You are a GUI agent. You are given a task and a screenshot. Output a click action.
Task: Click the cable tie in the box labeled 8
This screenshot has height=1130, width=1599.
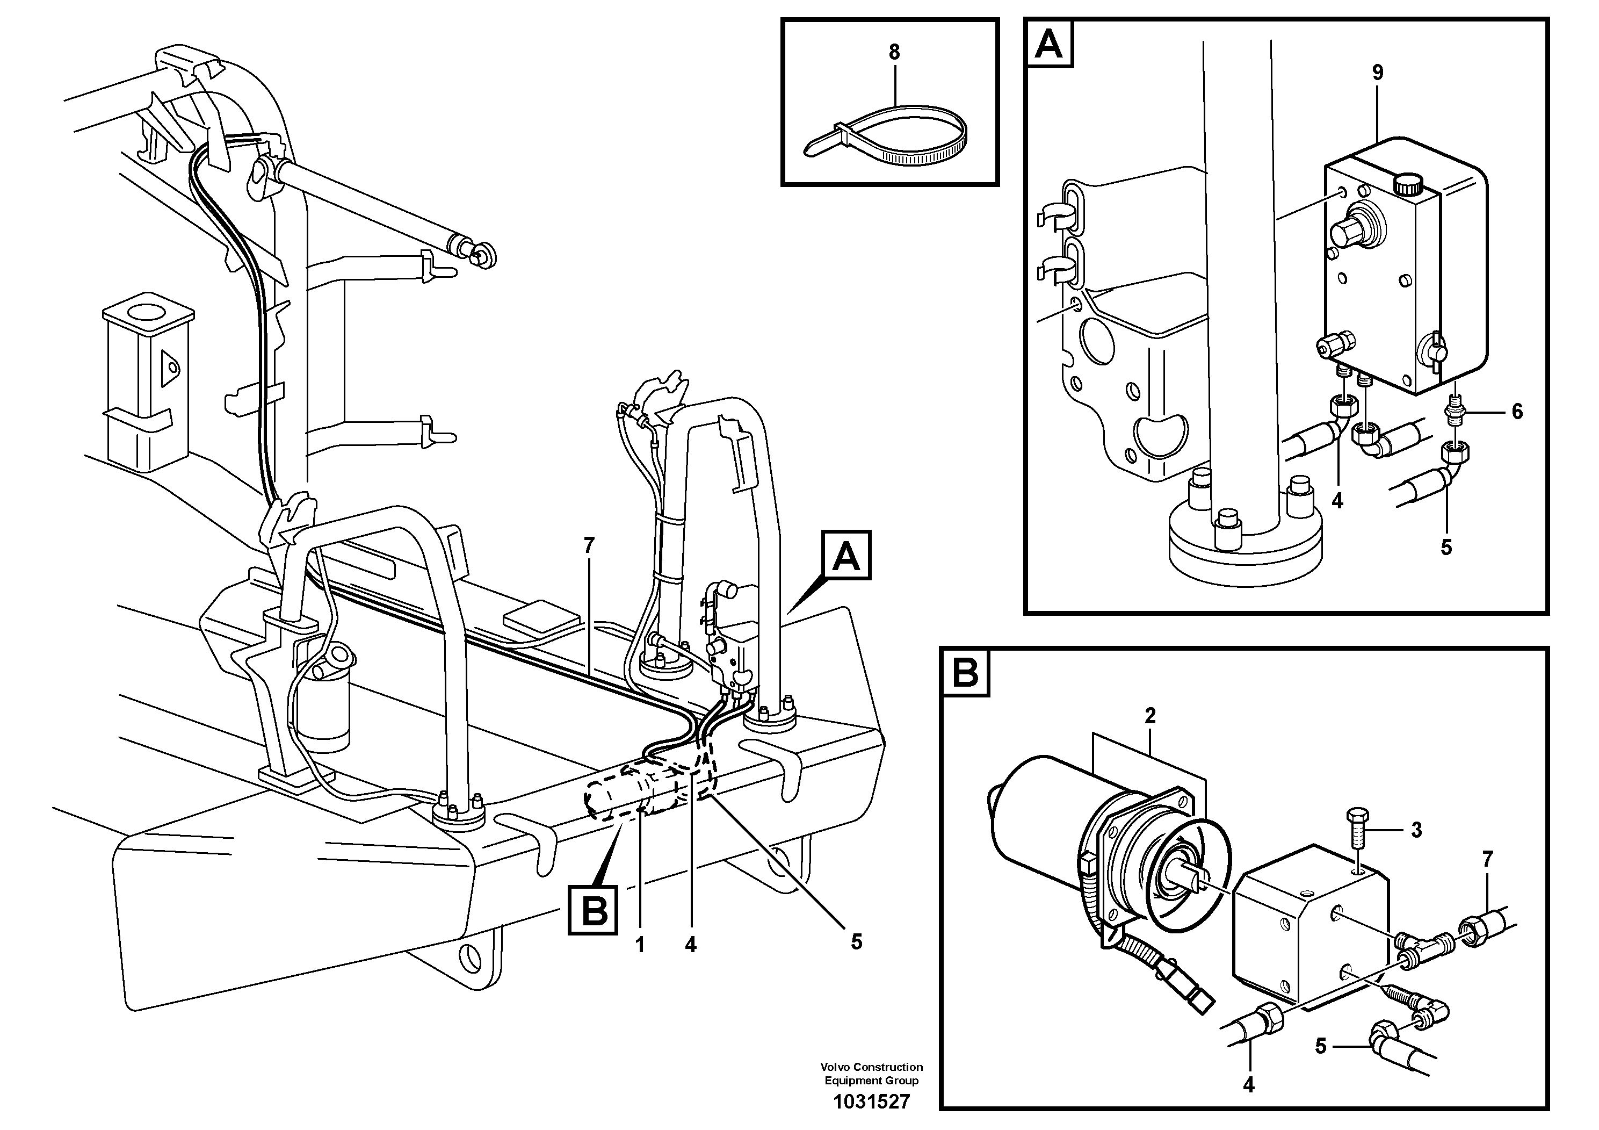pyautogui.click(x=885, y=136)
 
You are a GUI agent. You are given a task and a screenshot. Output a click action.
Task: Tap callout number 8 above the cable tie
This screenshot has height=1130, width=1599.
pyautogui.click(x=894, y=52)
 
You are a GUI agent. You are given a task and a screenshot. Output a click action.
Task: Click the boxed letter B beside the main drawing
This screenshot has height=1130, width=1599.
pyautogui.click(x=594, y=909)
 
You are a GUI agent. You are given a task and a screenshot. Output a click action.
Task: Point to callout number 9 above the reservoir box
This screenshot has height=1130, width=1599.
pyautogui.click(x=1378, y=73)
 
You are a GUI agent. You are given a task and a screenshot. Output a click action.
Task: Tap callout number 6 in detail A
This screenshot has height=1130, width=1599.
pyautogui.click(x=1517, y=412)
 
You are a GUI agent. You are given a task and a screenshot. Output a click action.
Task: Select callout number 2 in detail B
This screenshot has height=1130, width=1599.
pyautogui.click(x=1150, y=716)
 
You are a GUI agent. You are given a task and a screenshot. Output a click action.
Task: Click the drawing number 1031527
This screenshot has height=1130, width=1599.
pyautogui.click(x=871, y=1102)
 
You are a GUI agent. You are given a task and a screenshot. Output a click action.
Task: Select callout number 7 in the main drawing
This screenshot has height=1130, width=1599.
pyautogui.click(x=589, y=546)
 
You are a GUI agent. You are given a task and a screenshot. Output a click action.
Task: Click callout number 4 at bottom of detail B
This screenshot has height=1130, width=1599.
pyautogui.click(x=1248, y=1085)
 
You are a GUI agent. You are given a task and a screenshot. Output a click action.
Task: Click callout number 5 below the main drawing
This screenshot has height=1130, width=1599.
pyautogui.click(x=857, y=942)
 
